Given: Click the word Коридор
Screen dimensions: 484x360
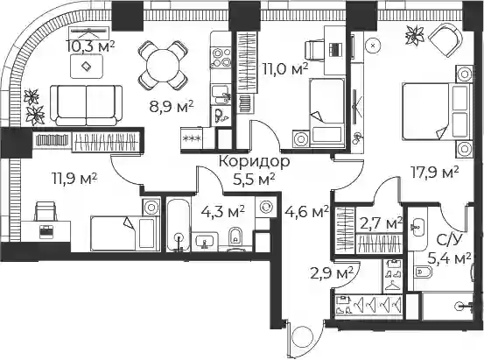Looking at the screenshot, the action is point(255,161).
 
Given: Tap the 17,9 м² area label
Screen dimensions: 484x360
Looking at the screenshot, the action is point(434,173).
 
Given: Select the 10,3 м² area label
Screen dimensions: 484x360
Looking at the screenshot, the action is point(90,46).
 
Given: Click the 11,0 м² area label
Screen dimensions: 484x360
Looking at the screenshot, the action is point(285,68).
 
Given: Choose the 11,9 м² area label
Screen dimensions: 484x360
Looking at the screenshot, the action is point(75,179).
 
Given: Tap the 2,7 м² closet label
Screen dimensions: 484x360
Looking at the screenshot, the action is point(382,223).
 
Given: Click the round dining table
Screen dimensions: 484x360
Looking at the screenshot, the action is point(163,65).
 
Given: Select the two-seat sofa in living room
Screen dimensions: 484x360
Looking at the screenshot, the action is point(87,105).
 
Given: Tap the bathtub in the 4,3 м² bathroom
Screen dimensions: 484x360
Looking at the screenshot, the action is point(178,224).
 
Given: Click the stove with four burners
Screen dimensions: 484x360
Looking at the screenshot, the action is point(221,57).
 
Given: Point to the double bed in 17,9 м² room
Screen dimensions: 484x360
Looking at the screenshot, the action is point(437,111).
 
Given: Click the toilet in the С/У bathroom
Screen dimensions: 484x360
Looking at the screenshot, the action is point(422,272).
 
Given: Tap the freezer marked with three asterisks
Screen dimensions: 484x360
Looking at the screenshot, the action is point(192,138).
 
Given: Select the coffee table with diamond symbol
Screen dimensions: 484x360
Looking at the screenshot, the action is point(86,66).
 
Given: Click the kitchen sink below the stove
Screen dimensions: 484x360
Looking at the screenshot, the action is point(221,95).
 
